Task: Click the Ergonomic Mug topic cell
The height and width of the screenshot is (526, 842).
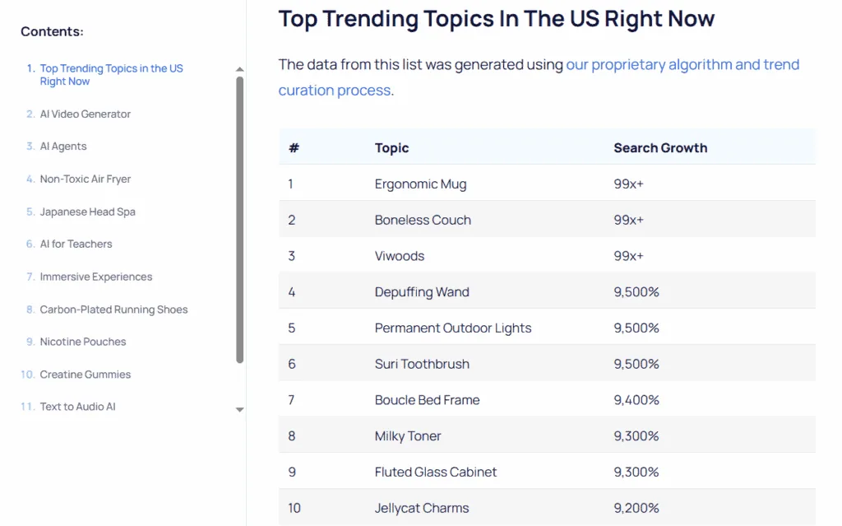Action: point(420,184)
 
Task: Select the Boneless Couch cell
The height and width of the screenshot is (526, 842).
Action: point(423,220)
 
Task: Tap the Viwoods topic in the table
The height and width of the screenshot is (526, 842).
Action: point(400,256)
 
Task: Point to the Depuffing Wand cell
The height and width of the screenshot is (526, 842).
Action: point(422,292)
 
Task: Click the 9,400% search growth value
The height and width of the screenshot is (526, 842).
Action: point(636,400)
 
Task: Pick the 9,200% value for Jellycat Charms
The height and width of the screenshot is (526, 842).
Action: point(636,508)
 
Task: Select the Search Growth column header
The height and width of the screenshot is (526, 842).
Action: point(660,148)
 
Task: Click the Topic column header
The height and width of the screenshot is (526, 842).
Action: point(391,148)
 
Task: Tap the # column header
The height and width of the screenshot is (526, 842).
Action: point(294,148)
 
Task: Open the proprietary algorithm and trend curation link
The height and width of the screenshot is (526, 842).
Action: point(682,65)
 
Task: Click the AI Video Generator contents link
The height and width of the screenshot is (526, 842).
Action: point(86,114)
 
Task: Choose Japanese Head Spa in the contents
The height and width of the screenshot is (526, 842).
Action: point(87,212)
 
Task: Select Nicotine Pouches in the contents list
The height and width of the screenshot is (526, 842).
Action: point(83,342)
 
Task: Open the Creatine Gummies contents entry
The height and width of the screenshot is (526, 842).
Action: point(86,375)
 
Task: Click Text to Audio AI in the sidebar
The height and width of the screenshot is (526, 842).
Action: point(77,407)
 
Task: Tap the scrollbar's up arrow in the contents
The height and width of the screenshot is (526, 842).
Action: point(240,70)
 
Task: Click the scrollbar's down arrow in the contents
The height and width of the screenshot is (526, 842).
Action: point(240,409)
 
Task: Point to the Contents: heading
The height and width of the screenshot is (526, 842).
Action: point(52,31)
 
